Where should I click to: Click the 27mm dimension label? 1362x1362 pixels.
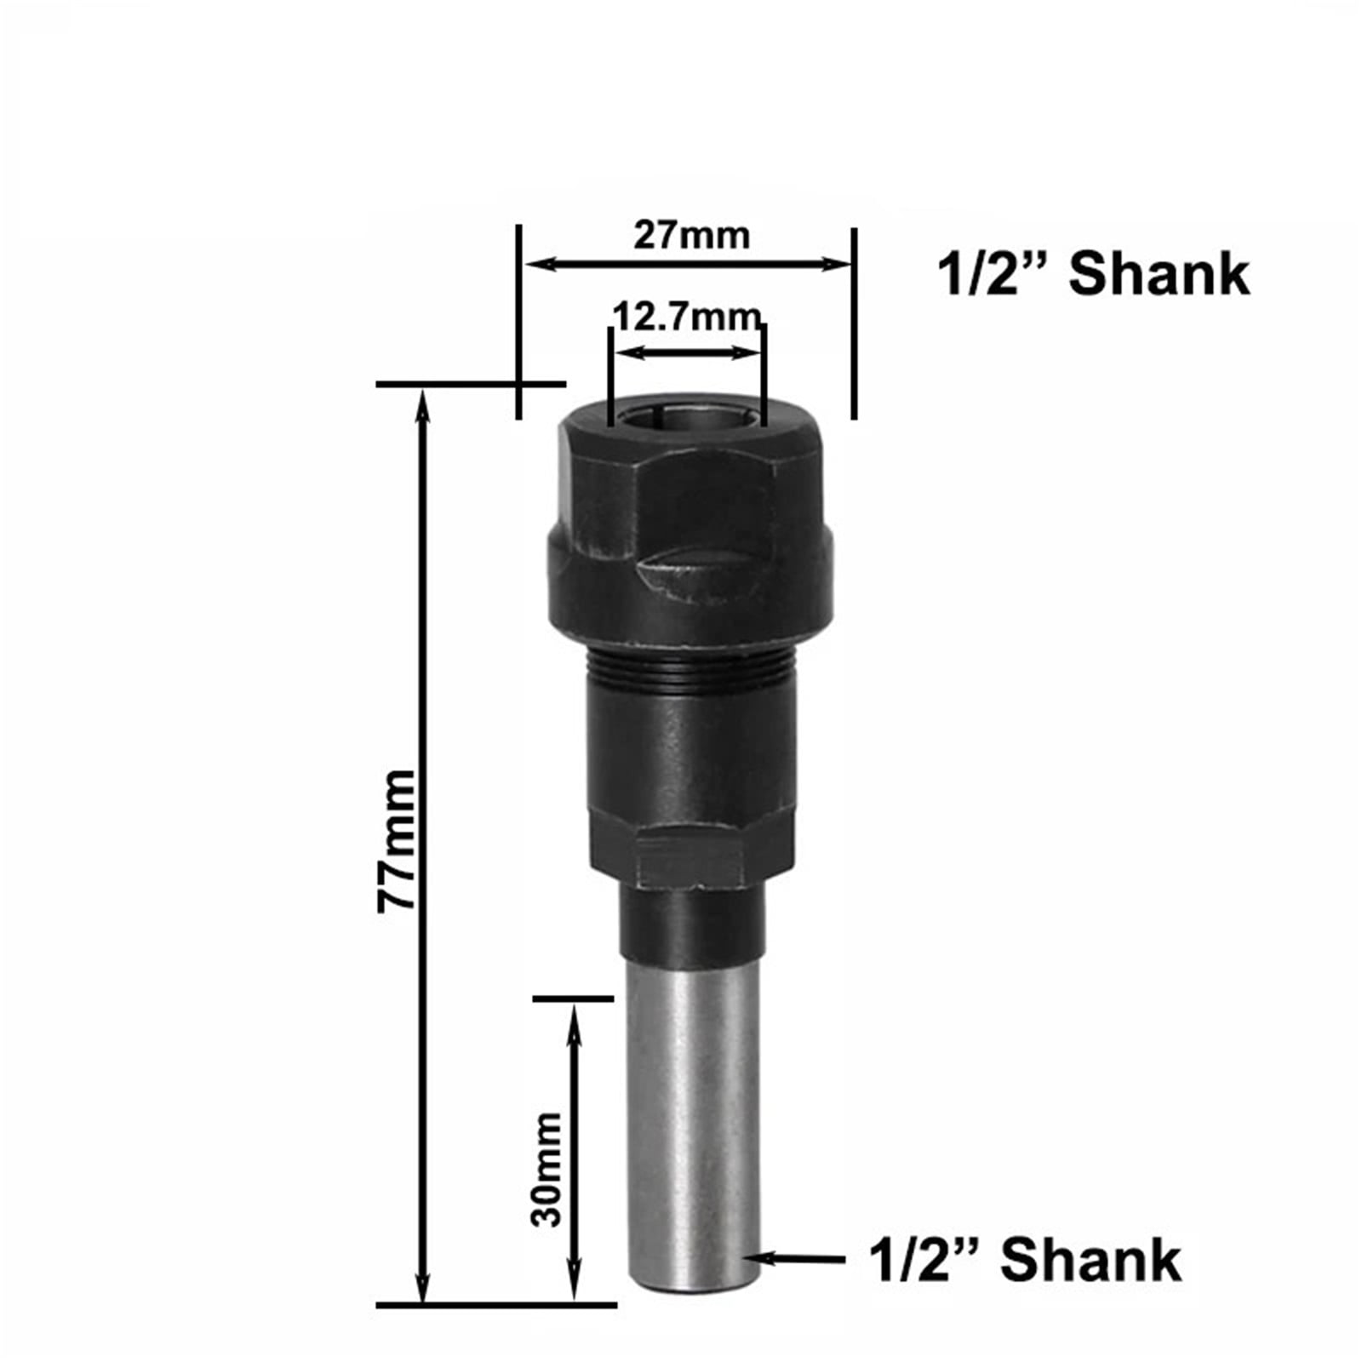click(691, 236)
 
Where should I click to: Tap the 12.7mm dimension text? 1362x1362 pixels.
click(685, 317)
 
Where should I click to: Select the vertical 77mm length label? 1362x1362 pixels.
click(397, 840)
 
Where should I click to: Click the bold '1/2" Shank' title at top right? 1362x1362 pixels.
click(1094, 275)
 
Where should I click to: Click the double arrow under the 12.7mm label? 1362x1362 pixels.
click(688, 352)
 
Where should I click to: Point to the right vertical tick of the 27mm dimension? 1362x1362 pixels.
click(854, 323)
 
